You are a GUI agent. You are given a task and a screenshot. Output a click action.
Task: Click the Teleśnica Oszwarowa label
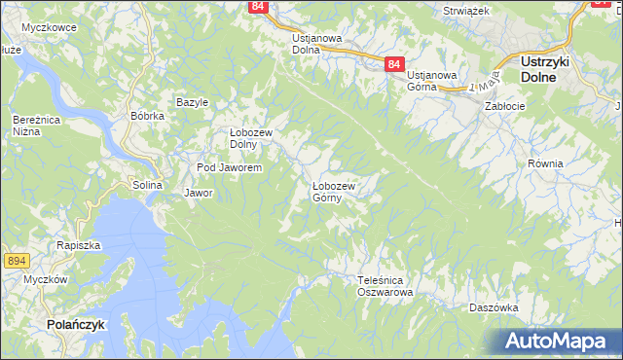coord(385,286)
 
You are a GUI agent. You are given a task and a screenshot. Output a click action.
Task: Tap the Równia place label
coord(545,163)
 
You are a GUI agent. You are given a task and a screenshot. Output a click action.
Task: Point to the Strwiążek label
coord(465,10)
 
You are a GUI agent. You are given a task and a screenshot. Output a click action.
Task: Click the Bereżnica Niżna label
coord(32,125)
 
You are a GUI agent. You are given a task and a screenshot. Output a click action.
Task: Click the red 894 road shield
coord(15,261)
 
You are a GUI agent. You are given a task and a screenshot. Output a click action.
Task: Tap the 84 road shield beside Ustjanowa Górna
coord(393,63)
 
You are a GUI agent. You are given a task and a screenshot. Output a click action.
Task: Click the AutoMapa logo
coord(558,342)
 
